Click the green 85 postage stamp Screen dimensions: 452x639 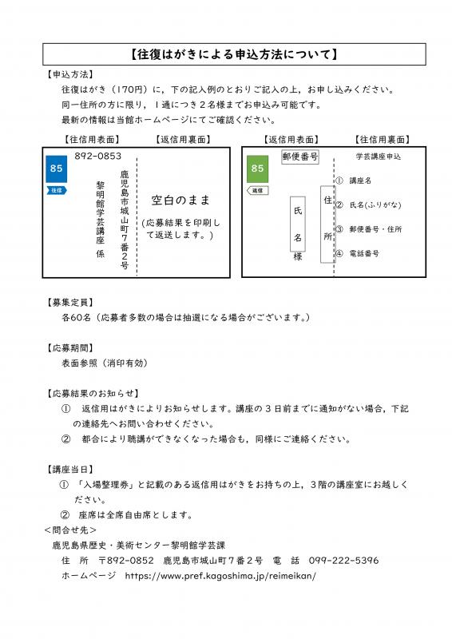point(256,169)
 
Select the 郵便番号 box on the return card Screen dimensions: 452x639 point(300,157)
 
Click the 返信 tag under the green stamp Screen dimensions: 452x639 point(256,191)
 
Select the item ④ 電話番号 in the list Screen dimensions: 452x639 point(358,253)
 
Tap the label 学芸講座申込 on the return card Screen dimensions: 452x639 point(378,157)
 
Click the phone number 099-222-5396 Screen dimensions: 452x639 point(343,561)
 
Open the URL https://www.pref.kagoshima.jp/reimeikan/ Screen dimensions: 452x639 point(216,575)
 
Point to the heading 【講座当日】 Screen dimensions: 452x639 point(69,469)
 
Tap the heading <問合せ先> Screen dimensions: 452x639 point(70,530)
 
